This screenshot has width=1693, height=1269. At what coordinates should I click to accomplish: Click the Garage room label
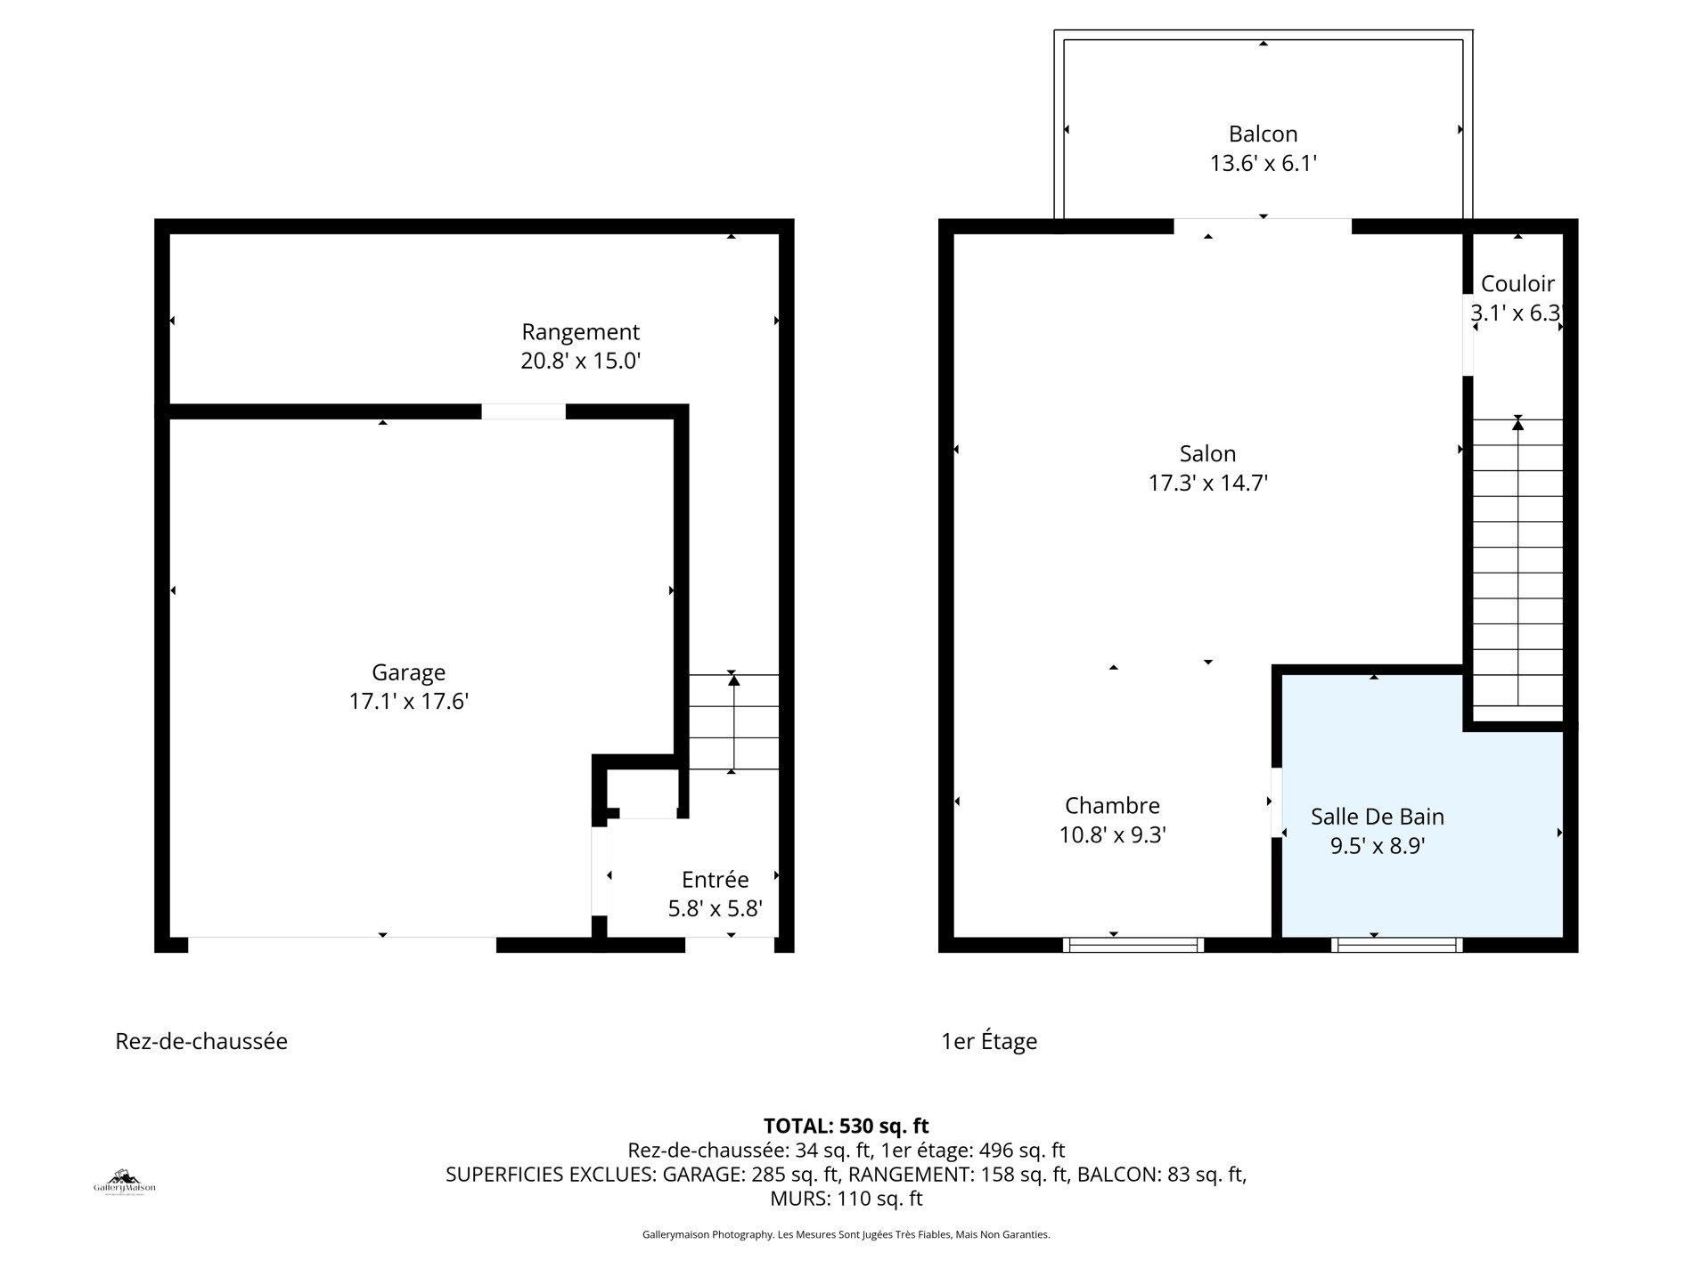pyautogui.click(x=408, y=672)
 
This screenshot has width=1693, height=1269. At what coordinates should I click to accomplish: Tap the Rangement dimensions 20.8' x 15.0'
pyautogui.click(x=581, y=361)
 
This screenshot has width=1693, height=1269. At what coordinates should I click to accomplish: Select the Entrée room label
pyautogui.click(x=715, y=879)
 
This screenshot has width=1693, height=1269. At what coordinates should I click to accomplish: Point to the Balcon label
pyautogui.click(x=1263, y=134)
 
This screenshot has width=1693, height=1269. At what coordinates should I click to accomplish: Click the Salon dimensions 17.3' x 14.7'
pyautogui.click(x=1207, y=483)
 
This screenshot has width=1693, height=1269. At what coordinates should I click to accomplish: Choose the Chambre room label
pyautogui.click(x=1112, y=805)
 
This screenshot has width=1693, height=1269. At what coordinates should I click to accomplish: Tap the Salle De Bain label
pyautogui.click(x=1378, y=816)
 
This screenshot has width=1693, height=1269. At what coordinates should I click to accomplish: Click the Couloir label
pyautogui.click(x=1517, y=283)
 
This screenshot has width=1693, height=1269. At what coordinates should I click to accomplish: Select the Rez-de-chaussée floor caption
pyautogui.click(x=201, y=1041)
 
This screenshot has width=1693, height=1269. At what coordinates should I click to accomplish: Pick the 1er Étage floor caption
pyautogui.click(x=989, y=1041)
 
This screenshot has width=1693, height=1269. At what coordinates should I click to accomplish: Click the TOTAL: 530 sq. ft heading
pyautogui.click(x=846, y=1127)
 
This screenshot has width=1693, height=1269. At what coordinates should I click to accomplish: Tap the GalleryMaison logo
pyautogui.click(x=125, y=1182)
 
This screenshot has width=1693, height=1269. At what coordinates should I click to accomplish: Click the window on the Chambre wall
pyautogui.click(x=1133, y=945)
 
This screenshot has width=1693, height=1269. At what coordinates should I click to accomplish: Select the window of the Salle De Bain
pyautogui.click(x=1396, y=945)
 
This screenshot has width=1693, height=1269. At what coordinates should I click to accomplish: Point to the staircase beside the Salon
pyautogui.click(x=1517, y=570)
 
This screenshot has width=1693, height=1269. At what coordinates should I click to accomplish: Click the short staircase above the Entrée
pyautogui.click(x=733, y=722)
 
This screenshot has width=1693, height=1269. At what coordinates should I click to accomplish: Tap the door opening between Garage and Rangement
pyautogui.click(x=523, y=411)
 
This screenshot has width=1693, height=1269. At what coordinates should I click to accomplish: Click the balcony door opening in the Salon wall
pyautogui.click(x=1263, y=226)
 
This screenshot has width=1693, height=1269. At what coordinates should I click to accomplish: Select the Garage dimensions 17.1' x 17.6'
pyautogui.click(x=408, y=702)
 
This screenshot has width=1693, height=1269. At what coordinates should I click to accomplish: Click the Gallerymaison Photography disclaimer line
pyautogui.click(x=846, y=1234)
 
